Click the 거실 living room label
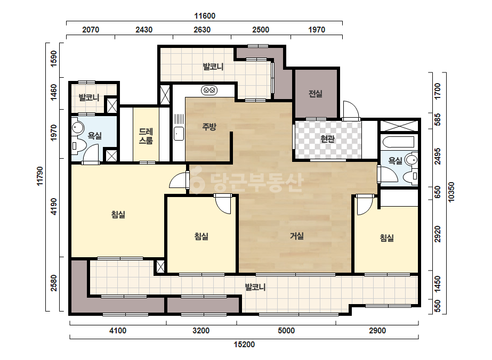296,235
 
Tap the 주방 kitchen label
209,127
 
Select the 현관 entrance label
328,138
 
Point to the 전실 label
316,93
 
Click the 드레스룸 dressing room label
146,136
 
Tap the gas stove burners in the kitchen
209,91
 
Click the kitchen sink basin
179,134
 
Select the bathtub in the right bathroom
399,142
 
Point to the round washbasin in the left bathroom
77,128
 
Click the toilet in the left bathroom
78,146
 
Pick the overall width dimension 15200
244,345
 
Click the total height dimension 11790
40,176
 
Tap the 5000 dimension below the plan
286,331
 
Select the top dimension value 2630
202,30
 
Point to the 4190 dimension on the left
54,206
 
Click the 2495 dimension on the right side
438,156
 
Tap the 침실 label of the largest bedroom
118,215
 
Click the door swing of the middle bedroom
223,204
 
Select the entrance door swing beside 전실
351,110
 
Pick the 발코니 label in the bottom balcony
255,287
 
